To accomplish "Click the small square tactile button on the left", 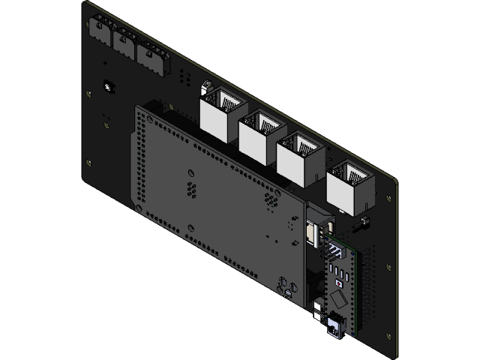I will (109, 87).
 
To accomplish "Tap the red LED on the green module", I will (339, 283).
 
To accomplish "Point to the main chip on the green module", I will (338, 300).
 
